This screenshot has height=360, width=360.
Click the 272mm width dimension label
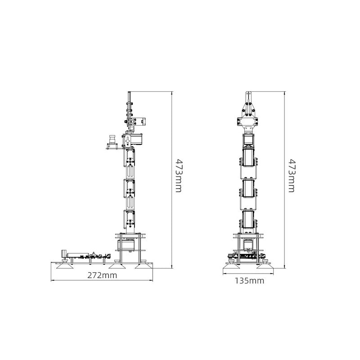[x=102, y=275]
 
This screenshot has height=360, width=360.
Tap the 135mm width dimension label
[x=249, y=280]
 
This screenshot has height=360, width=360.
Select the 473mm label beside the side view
[x=178, y=175]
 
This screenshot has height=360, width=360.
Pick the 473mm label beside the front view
[x=291, y=175]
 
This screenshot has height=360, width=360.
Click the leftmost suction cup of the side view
[x=64, y=266]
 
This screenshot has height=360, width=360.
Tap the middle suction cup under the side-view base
[x=117, y=266]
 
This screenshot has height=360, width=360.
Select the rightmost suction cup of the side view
[x=144, y=266]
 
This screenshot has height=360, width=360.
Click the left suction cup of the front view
[x=231, y=266]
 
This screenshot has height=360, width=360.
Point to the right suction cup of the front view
[x=265, y=266]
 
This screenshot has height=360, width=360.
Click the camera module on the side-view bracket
[x=112, y=142]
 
